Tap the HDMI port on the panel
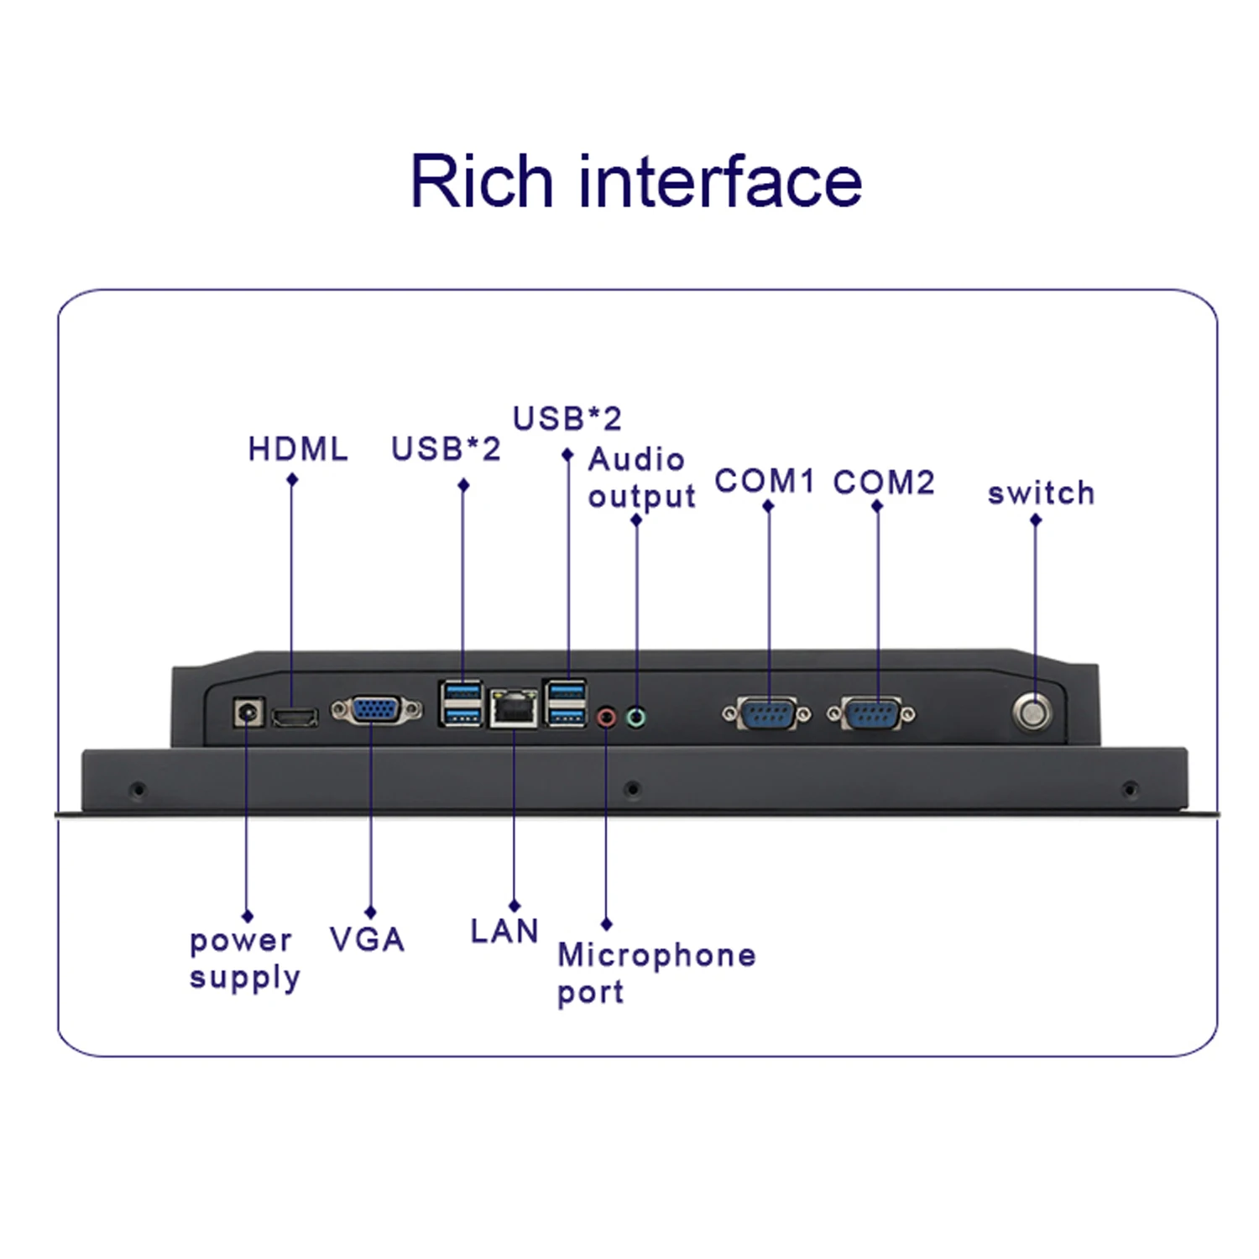[295, 718]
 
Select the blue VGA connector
[376, 711]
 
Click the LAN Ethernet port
[514, 710]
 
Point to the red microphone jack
[606, 718]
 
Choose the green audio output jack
[636, 718]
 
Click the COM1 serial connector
[767, 714]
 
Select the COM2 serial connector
[872, 714]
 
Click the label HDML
[298, 449]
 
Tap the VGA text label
[368, 939]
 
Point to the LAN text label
[504, 931]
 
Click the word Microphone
[656, 955]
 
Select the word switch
[1041, 493]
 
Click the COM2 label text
[883, 482]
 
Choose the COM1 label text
[764, 481]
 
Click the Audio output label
[641, 478]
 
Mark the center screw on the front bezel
[633, 789]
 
